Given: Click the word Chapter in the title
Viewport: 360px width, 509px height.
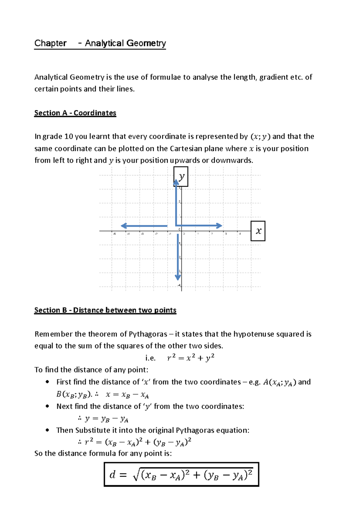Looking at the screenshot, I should point(50,43).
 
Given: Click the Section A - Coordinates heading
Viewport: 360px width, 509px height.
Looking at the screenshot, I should point(75,113).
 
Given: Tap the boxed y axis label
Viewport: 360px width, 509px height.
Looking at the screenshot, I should point(181,177).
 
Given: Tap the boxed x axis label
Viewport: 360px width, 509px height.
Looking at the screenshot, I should point(258,231).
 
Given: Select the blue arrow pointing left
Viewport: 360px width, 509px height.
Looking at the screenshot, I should point(144,226).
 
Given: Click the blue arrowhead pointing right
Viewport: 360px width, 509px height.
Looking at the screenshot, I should point(219,225).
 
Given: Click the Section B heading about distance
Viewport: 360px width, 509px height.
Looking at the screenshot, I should point(105,310).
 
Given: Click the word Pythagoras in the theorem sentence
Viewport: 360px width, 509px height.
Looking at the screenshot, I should point(148,334).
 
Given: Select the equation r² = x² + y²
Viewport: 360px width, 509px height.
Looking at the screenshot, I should point(190,358).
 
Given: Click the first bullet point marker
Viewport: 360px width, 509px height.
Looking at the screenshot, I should point(47,382).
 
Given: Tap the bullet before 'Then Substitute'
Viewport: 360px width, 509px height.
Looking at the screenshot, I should point(47,430).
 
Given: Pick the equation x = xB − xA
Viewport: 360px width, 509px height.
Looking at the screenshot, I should point(127,395).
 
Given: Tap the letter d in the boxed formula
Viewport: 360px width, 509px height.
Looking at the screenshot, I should point(112,475).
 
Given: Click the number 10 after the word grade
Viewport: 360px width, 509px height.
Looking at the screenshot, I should point(69,137).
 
